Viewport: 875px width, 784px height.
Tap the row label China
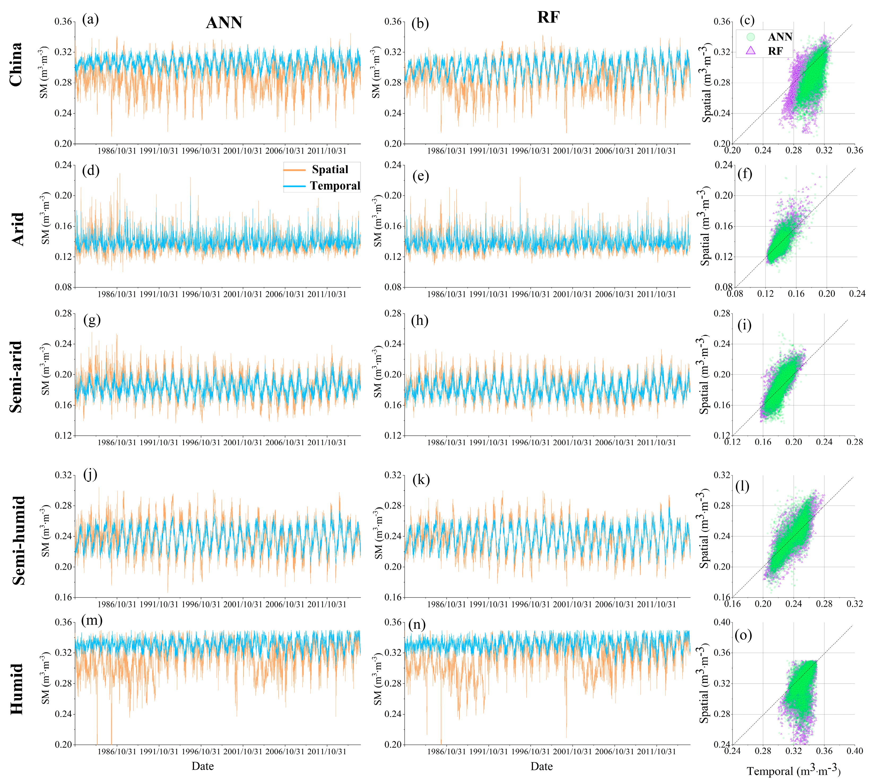click(16, 65)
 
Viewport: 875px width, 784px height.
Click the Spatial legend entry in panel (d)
click(330, 170)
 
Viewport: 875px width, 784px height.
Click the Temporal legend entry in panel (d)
click(335, 186)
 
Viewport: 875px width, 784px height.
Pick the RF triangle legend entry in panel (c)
click(775, 51)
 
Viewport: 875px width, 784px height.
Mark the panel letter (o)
click(743, 635)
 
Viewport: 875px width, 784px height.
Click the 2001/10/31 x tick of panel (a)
click(243, 151)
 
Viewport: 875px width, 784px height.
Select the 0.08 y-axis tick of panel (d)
click(64, 287)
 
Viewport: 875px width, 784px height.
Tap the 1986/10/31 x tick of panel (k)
click(446, 604)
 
